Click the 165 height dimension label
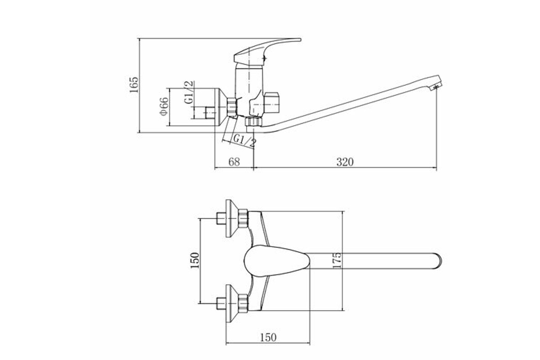[134, 85]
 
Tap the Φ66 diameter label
[164, 106]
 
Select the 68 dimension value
[234, 162]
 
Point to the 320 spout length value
[345, 162]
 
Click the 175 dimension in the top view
[337, 260]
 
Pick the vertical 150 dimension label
[195, 261]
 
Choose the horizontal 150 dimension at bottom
[268, 337]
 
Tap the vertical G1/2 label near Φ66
[189, 92]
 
